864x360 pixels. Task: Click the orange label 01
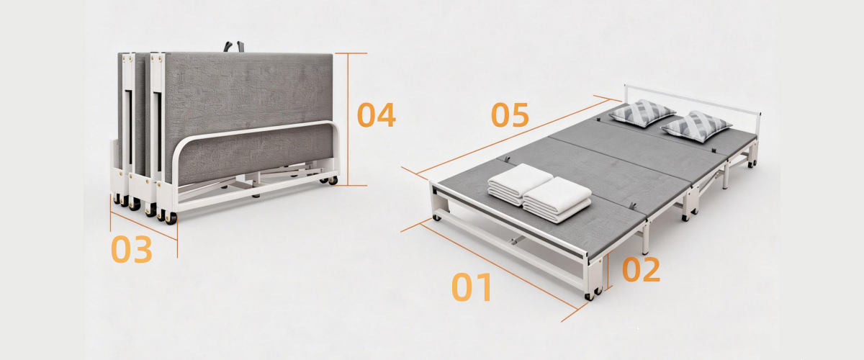tap(472, 287)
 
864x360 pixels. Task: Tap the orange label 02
tap(641, 269)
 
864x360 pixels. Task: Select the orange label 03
tap(132, 250)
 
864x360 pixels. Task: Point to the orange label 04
tap(377, 114)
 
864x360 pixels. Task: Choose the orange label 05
tap(510, 114)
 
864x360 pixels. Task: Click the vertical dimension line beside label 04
tap(348, 120)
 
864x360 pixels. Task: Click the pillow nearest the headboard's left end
tap(642, 112)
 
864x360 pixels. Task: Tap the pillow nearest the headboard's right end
tap(696, 126)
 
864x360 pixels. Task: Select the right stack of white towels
tap(557, 199)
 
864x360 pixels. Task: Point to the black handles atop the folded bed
tap(234, 46)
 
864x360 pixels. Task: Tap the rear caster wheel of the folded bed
tap(333, 180)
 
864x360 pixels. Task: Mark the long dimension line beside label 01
tap(498, 266)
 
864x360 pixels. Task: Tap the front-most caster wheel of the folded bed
tap(171, 218)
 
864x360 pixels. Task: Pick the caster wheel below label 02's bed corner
tap(589, 297)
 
